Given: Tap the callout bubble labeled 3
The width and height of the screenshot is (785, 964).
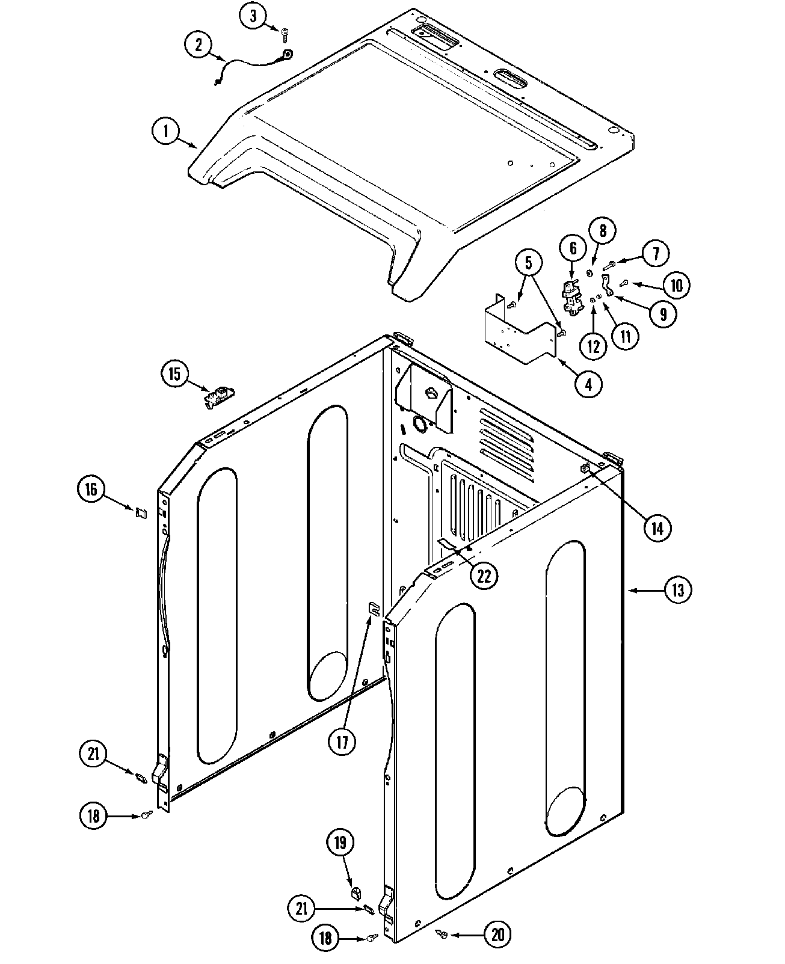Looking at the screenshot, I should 253,16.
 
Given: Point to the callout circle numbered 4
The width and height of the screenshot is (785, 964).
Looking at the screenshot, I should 588,384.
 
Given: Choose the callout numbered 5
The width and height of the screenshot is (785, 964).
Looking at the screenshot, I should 528,262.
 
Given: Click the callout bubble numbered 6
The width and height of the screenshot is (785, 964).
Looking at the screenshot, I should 573,248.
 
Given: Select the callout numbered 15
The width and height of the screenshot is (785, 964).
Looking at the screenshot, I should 174,374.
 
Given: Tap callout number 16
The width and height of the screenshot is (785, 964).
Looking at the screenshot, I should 91,489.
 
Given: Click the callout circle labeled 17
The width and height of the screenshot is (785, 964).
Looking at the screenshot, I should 342,741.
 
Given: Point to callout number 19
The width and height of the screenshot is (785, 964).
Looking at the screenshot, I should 340,843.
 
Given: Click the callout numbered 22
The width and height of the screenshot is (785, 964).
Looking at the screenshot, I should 484,576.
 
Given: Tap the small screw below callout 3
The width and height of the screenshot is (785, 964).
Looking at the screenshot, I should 285,37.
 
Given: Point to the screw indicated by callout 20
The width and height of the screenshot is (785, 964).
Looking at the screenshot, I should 442,933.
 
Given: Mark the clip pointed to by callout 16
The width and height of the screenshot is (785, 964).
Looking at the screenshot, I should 141,512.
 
